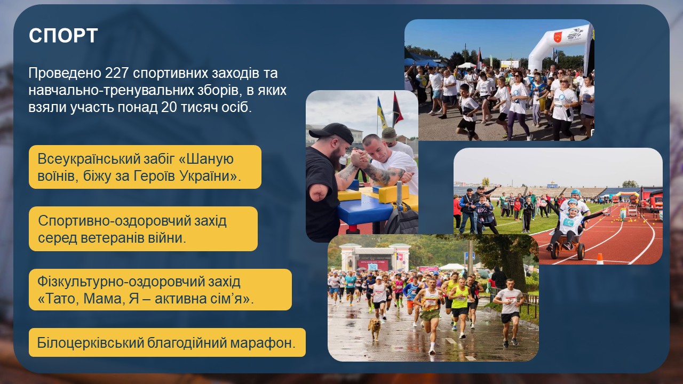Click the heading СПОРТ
click(x=63, y=35)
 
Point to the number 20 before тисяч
click(x=169, y=107)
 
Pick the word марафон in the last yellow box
click(x=263, y=343)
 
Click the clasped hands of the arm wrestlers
click(x=359, y=158)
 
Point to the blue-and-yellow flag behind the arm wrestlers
click(x=382, y=113)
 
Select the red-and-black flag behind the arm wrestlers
click(x=398, y=110)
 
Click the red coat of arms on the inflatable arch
click(x=558, y=37)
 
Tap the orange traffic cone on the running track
click(x=600, y=259)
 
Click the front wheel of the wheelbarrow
click(x=580, y=251)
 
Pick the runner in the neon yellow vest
click(x=459, y=306)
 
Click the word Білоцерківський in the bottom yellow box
click(x=90, y=343)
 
